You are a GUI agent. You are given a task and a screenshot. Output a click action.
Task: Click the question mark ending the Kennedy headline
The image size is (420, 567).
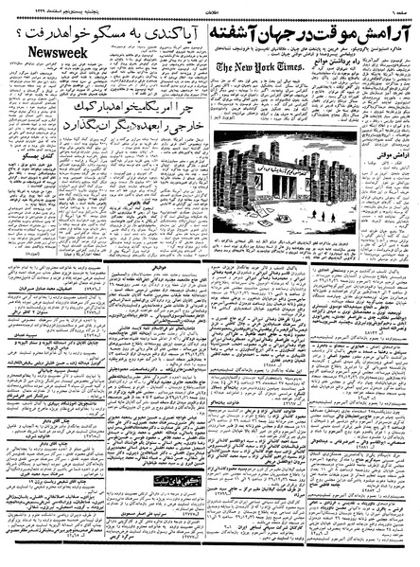coord(12,31)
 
